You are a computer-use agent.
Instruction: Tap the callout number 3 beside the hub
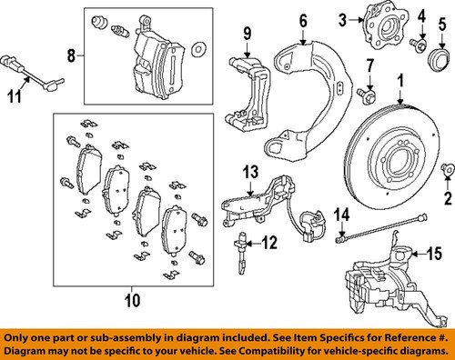click(343, 19)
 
